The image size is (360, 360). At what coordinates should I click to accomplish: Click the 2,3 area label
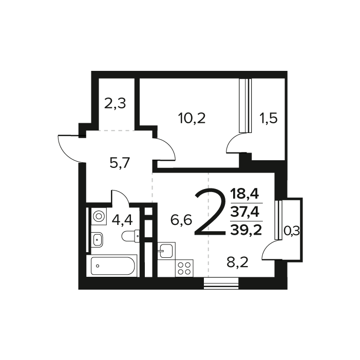click(x=115, y=104)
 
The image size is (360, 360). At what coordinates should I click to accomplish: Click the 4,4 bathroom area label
click(x=122, y=220)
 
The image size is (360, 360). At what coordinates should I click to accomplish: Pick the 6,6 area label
click(x=181, y=221)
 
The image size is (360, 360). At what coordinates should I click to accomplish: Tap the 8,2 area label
click(x=238, y=264)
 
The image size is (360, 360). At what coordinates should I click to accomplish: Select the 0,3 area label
click(x=292, y=232)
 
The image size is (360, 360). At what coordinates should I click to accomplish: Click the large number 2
click(x=210, y=212)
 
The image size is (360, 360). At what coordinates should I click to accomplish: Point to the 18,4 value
click(x=245, y=194)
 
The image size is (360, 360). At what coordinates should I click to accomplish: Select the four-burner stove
click(x=184, y=268)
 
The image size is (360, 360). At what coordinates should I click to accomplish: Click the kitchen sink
click(x=165, y=251)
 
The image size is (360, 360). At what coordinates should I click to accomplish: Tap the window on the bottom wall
click(x=221, y=283)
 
